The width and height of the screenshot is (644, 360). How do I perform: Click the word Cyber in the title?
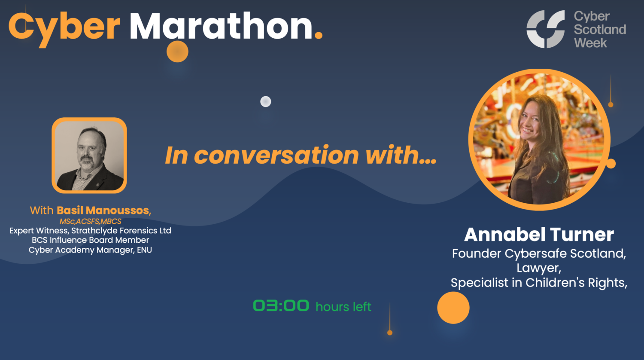click(x=64, y=27)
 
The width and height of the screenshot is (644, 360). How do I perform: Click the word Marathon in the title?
click(x=221, y=27)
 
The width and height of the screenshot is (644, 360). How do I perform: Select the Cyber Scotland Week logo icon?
click(x=546, y=29)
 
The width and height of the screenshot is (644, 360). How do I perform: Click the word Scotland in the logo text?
click(x=600, y=29)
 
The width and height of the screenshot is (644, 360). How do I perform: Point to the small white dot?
click(x=266, y=102)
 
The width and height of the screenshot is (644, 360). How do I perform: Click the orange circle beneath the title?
click(x=177, y=52)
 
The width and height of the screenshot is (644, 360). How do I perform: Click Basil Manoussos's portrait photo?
click(x=89, y=156)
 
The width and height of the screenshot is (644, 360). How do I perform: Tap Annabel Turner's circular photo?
click(x=539, y=139)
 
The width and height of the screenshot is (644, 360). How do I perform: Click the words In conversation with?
click(x=301, y=155)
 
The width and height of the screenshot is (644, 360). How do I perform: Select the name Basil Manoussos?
click(x=103, y=210)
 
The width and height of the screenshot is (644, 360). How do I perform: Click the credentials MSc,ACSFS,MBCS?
click(x=91, y=222)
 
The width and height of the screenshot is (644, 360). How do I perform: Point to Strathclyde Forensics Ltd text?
click(x=121, y=231)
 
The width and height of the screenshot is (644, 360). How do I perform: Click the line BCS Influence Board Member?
click(x=91, y=240)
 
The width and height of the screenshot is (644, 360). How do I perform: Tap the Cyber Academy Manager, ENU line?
click(x=91, y=250)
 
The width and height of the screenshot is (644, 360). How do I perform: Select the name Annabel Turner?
click(x=539, y=235)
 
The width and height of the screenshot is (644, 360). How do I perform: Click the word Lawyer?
click(x=539, y=268)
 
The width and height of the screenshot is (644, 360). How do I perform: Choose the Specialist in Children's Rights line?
click(x=539, y=283)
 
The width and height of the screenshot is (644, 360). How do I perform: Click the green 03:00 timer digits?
click(x=281, y=306)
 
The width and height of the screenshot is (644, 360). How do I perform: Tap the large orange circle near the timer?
click(x=453, y=308)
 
